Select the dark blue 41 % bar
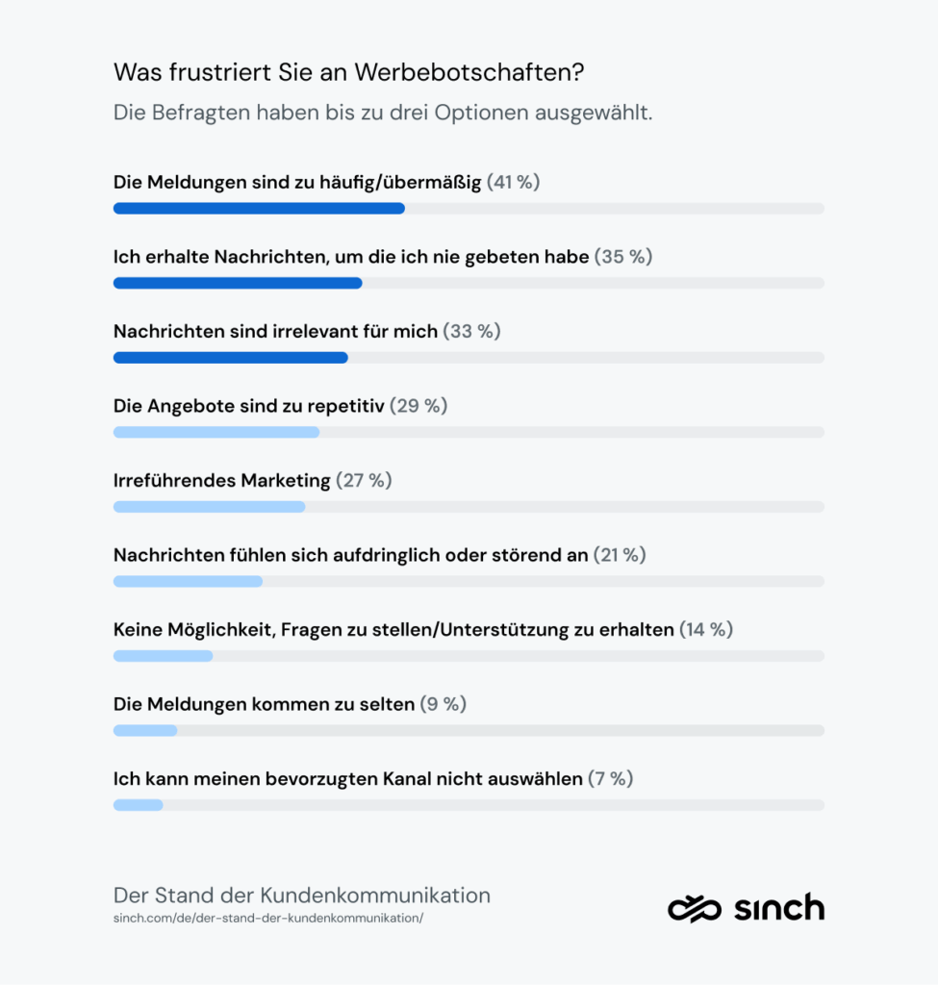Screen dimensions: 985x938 [x=259, y=209]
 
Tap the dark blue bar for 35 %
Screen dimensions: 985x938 [x=238, y=283]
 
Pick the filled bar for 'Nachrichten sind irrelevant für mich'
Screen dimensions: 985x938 [x=231, y=358]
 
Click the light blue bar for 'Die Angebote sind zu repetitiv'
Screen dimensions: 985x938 [x=216, y=432]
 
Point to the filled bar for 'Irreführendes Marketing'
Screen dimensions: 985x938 [x=209, y=507]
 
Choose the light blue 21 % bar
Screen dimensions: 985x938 [x=188, y=581]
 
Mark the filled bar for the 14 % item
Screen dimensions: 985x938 [x=163, y=656]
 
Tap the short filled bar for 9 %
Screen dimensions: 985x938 [x=145, y=730]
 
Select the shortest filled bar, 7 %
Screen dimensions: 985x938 [x=138, y=804]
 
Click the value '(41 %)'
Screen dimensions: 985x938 [x=513, y=182]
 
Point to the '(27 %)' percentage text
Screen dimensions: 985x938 [x=364, y=480]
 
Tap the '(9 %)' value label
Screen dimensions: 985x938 [x=443, y=704]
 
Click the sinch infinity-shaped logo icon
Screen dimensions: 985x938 [x=695, y=908]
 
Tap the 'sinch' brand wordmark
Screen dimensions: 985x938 [x=778, y=907]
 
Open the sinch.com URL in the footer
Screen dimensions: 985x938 [x=268, y=918]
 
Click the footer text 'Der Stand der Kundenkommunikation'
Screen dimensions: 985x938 [x=302, y=895]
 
